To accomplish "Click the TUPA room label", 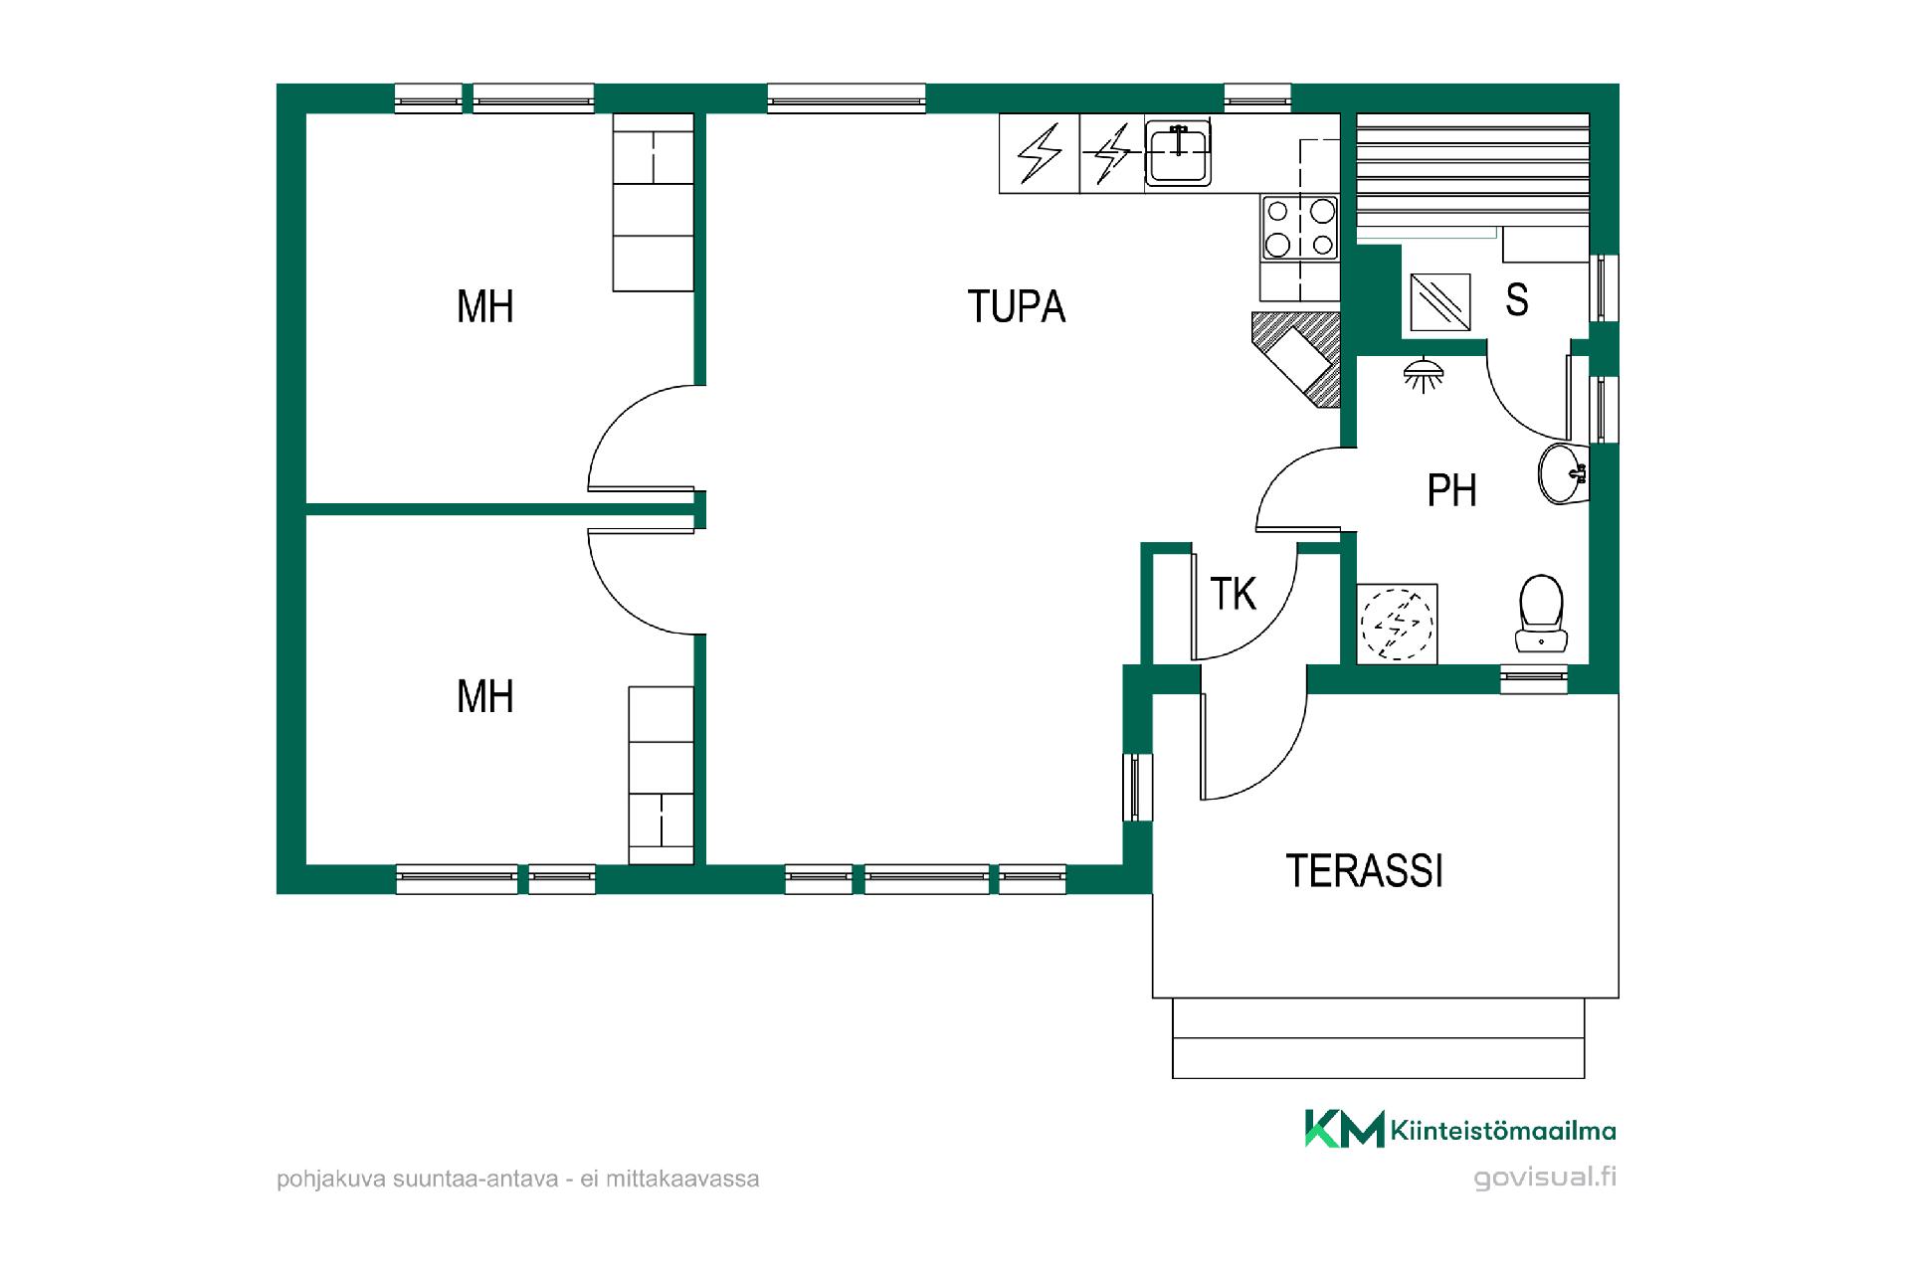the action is click(1016, 306).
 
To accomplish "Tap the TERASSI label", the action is click(1364, 870).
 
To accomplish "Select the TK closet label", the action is click(1233, 594).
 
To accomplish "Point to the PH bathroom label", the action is click(1451, 490).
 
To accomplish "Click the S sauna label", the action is click(1517, 299).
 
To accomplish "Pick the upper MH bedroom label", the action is click(484, 306).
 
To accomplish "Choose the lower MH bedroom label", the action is click(484, 696).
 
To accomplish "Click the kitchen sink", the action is click(1178, 153).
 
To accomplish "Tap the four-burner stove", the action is click(1300, 227).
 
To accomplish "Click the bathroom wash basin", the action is click(1563, 473).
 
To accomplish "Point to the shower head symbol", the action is click(1424, 374).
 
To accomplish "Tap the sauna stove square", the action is click(1440, 302).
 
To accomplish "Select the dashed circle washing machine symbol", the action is click(1397, 624).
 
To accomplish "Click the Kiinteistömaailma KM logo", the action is click(1460, 1129).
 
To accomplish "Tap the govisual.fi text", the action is click(1545, 1178).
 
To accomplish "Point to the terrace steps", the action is click(1378, 1038).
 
